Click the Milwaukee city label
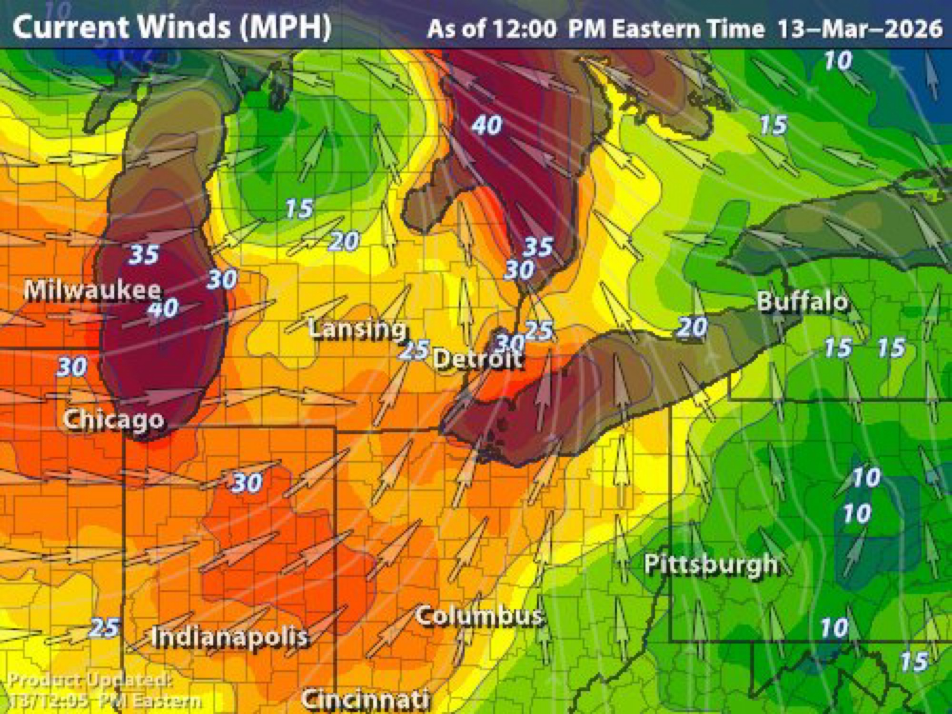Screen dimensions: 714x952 [x=92, y=290]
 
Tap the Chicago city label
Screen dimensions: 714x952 [x=114, y=420]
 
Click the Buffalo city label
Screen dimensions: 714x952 [x=802, y=302]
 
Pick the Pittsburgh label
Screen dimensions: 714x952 [x=711, y=565]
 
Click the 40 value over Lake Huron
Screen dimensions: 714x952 [x=486, y=125]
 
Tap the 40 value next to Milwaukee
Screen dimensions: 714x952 [x=163, y=308]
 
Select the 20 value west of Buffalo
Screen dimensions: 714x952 [x=692, y=327]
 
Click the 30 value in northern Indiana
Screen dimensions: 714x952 [x=247, y=483]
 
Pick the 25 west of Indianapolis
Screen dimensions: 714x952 [x=104, y=627]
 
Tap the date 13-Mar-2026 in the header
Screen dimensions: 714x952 [x=860, y=29]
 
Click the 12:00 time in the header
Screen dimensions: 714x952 [x=524, y=29]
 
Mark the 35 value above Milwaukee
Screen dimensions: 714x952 [x=144, y=254]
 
